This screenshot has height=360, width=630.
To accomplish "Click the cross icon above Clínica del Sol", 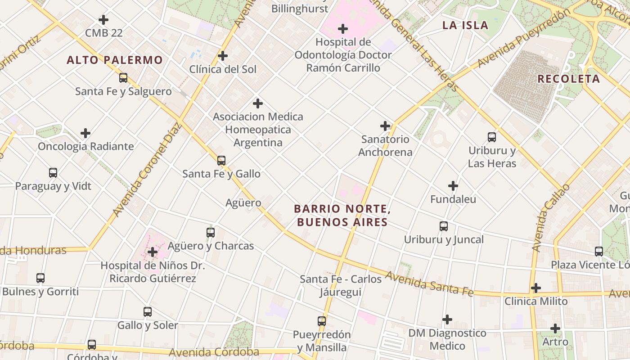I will click(222, 56).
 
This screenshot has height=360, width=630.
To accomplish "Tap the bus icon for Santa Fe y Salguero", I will click(123, 78).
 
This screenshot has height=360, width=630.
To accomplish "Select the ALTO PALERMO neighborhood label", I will click(115, 60).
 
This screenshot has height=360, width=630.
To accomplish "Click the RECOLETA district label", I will click(568, 79).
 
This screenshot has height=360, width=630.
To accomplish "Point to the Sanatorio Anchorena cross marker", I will click(385, 126).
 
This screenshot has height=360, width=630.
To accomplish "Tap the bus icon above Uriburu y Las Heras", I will click(492, 137).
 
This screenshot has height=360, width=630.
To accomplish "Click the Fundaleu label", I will click(453, 199).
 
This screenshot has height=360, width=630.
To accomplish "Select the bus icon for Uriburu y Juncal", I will click(444, 226).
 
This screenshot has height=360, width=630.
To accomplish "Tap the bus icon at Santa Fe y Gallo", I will click(221, 161).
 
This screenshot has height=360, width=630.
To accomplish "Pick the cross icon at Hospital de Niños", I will click(153, 252).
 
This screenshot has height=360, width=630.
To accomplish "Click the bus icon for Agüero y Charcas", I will click(211, 233).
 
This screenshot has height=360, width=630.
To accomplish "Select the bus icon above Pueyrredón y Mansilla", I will click(322, 321).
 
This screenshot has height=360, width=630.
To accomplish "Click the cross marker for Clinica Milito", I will click(536, 288).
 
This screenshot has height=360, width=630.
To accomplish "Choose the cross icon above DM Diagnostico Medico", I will click(447, 319).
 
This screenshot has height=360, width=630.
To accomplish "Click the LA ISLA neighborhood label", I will click(465, 25).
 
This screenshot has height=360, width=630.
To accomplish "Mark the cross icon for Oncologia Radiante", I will click(85, 133).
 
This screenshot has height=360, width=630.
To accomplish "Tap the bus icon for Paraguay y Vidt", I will click(53, 173).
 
